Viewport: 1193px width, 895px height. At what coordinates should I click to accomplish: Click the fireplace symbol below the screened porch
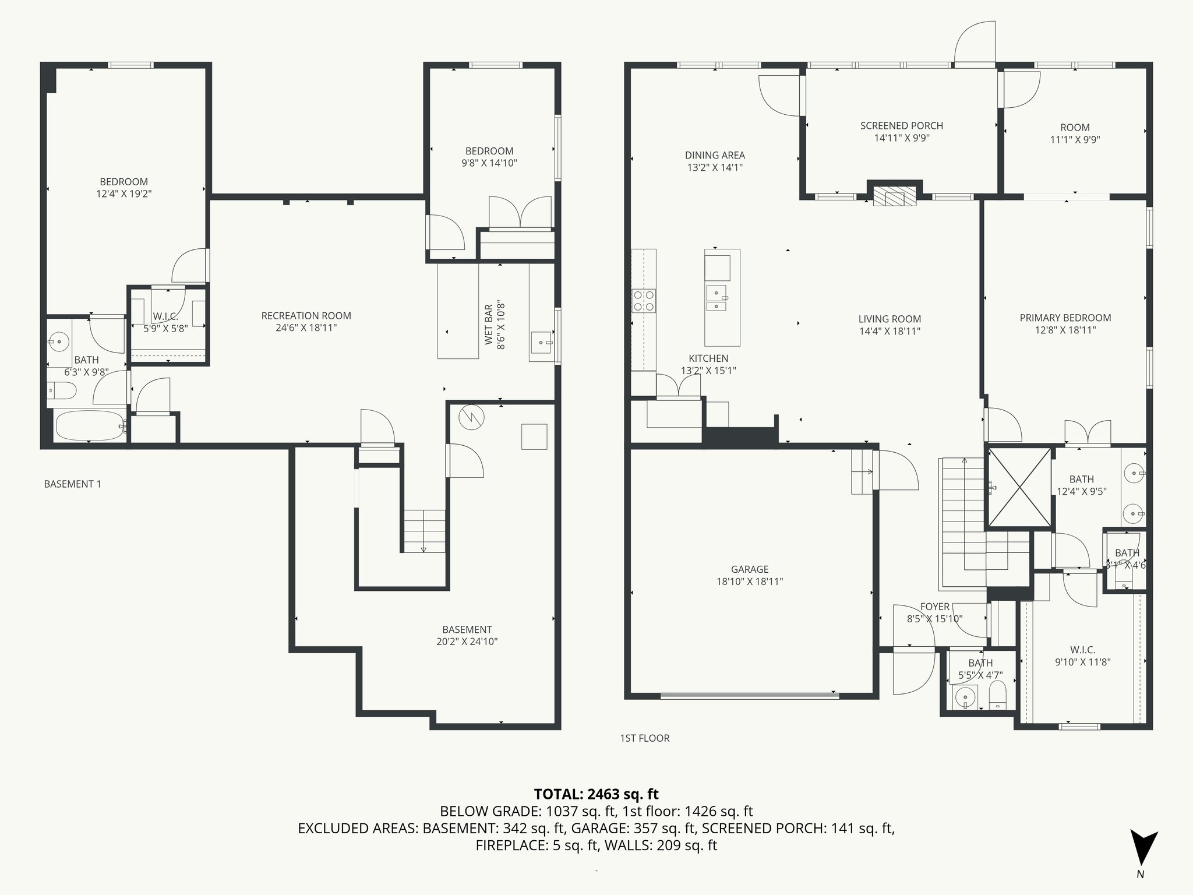click(x=894, y=197)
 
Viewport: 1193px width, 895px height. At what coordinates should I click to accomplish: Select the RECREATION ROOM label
click(x=306, y=316)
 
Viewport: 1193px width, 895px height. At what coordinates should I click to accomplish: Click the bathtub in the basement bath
click(x=89, y=426)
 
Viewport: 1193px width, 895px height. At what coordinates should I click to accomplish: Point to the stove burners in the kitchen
click(x=644, y=301)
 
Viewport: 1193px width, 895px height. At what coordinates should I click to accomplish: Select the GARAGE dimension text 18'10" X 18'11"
click(x=750, y=582)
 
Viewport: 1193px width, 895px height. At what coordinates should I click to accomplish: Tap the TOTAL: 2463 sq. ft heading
click(x=596, y=794)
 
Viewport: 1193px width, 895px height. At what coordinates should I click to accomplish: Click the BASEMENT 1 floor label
click(x=73, y=484)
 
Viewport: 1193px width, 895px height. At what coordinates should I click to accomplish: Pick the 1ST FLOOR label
click(x=645, y=738)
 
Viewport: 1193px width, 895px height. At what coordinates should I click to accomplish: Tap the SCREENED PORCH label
click(x=901, y=126)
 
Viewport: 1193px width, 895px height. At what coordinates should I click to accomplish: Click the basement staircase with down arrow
click(x=424, y=530)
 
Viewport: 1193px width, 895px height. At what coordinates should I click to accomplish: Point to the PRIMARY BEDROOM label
click(x=1065, y=318)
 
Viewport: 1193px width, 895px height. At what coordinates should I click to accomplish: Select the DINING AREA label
click(x=714, y=155)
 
